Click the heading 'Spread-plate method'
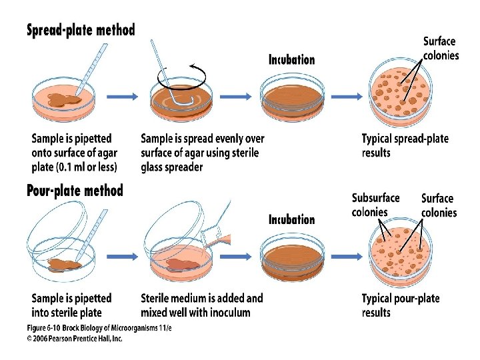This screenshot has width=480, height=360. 81,31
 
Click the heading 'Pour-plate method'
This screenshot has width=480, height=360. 75,191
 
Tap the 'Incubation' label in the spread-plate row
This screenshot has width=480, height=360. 291,60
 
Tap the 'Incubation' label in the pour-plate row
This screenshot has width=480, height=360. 291,219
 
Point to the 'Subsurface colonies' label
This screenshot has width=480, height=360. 375,205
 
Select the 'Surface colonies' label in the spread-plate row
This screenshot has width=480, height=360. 441,48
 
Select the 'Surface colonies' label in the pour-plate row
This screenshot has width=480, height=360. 439,205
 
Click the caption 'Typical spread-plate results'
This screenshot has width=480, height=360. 405,146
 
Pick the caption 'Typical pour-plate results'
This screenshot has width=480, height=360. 401,305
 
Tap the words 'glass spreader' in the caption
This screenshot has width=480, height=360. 171,167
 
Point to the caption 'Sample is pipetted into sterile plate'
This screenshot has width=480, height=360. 71,305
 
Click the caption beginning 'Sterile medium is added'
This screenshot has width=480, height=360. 202,305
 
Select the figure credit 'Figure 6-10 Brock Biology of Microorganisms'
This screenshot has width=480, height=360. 98,328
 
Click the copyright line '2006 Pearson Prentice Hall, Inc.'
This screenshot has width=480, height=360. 75,339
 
